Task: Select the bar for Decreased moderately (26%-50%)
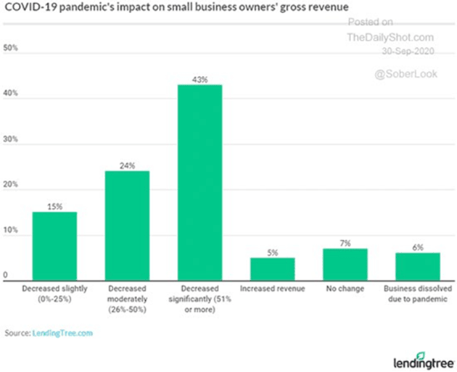coord(127,225)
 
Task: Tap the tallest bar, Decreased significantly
coord(199,181)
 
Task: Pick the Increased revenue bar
coord(272,268)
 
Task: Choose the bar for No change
coord(345,264)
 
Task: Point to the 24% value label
coord(128,165)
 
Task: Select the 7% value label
coord(345,243)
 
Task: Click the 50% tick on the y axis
coord(11,49)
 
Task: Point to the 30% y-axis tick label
coord(11,143)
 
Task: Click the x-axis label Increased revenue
coord(272,289)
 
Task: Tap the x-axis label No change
coord(345,289)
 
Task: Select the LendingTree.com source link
coord(63,333)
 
